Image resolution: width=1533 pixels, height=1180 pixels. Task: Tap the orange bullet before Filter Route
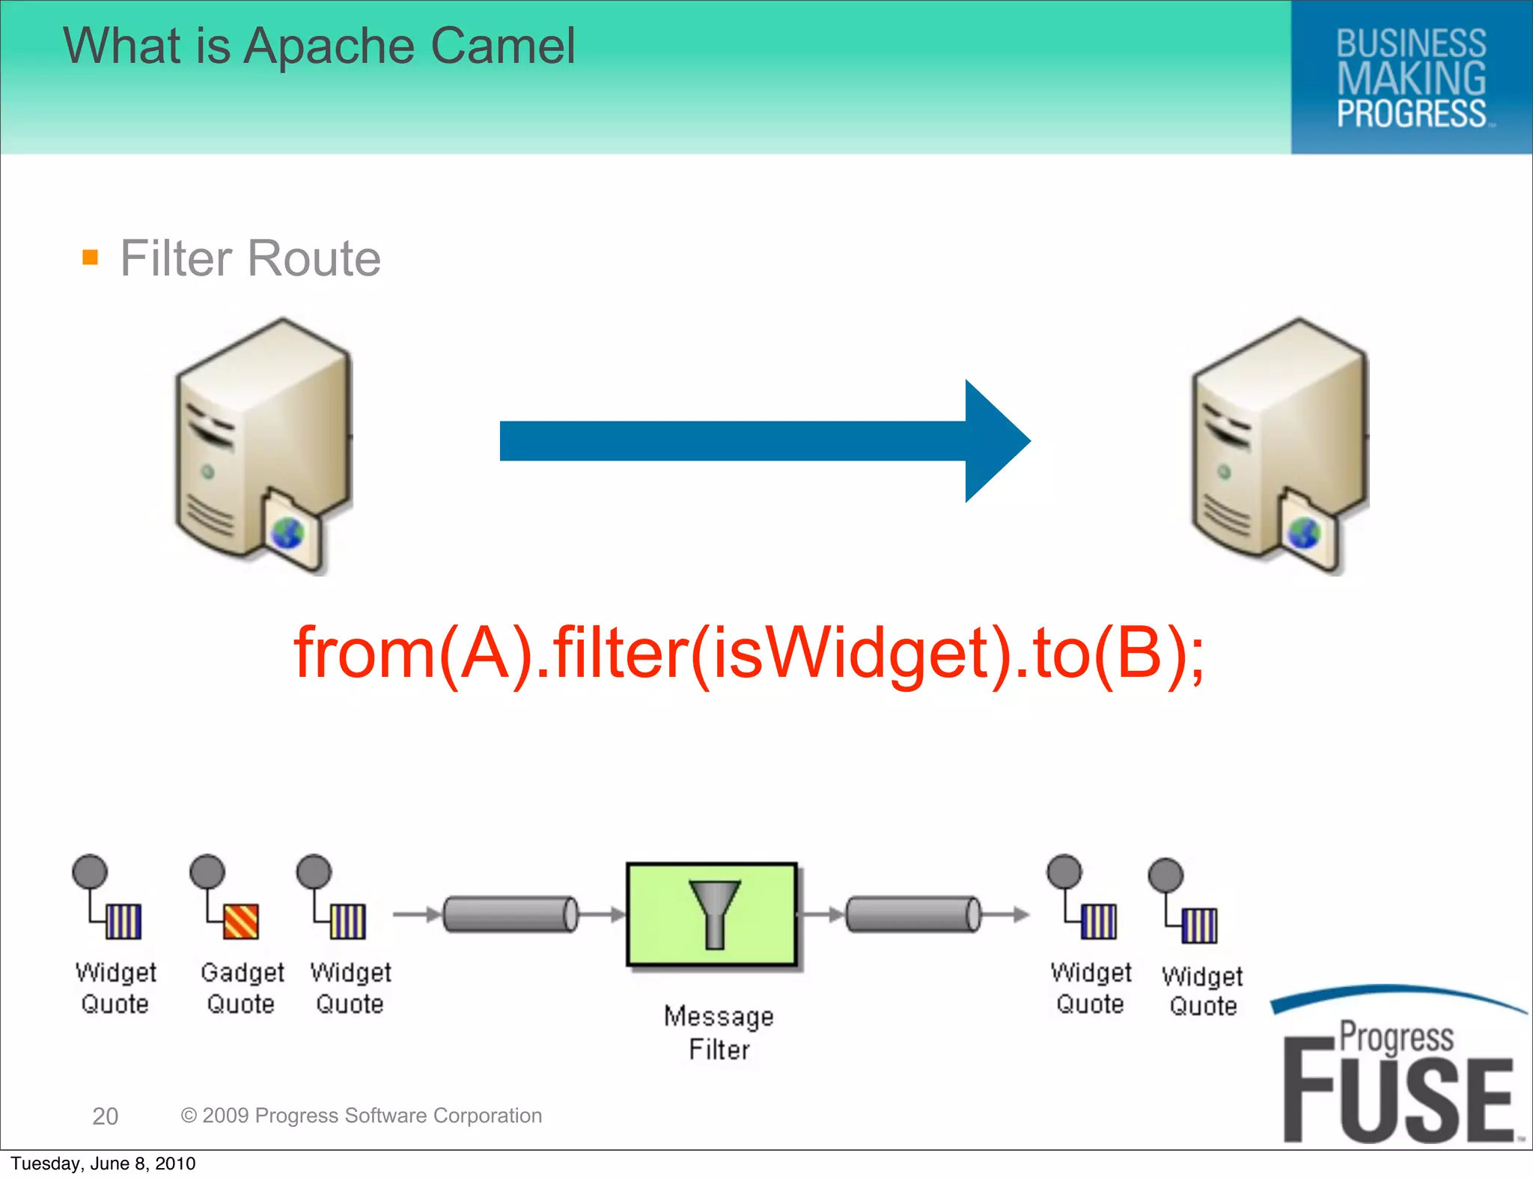coord(90,258)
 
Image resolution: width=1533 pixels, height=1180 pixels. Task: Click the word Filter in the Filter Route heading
coord(176,258)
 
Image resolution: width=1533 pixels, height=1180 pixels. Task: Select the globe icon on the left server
coord(287,533)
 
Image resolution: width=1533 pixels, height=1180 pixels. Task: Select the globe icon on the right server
coord(1303,533)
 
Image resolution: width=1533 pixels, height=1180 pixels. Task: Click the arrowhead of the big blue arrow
coord(996,441)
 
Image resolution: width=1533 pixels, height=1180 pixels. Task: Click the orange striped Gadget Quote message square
coord(241,921)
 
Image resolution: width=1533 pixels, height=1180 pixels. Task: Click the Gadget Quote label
coord(242,988)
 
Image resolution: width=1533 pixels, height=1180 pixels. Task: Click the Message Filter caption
coord(719,1032)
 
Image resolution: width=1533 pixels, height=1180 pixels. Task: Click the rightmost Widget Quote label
coord(1202,991)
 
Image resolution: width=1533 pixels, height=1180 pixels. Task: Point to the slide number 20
coord(105,1116)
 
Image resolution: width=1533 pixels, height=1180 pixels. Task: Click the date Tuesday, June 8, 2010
coord(103,1164)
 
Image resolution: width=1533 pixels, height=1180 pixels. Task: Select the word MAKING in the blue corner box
coord(1411,79)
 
